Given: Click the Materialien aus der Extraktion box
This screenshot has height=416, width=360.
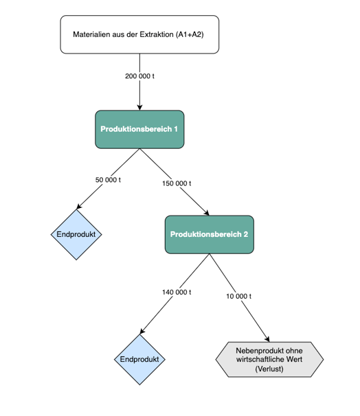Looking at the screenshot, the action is [139, 34].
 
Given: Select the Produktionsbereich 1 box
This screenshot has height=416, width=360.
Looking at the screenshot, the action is [139, 130].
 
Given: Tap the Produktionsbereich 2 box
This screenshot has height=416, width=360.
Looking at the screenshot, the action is [210, 235].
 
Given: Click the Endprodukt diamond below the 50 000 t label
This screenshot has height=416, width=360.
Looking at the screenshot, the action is [76, 235].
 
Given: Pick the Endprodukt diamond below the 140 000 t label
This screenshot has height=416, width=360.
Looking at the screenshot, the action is [139, 360].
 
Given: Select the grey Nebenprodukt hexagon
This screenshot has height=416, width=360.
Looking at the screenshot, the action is [269, 360].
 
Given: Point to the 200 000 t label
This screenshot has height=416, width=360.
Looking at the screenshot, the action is [139, 76].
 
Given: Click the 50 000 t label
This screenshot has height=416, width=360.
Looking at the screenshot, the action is [108, 180].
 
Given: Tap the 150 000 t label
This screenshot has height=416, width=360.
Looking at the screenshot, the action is [177, 183].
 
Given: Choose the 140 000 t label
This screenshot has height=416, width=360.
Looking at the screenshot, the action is [177, 292].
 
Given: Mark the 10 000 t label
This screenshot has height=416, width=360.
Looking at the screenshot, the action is [238, 296].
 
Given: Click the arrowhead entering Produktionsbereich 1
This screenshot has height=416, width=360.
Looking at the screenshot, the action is [139, 108].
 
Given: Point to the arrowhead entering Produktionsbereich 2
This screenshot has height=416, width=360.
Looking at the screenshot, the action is [207, 213].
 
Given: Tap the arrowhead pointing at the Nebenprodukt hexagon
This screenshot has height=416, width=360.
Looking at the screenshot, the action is [267, 339].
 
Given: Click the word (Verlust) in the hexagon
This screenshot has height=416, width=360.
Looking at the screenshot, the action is [269, 369].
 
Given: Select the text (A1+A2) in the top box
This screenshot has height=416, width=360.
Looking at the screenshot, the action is [190, 34].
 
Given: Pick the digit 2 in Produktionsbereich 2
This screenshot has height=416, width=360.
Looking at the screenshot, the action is [245, 234].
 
